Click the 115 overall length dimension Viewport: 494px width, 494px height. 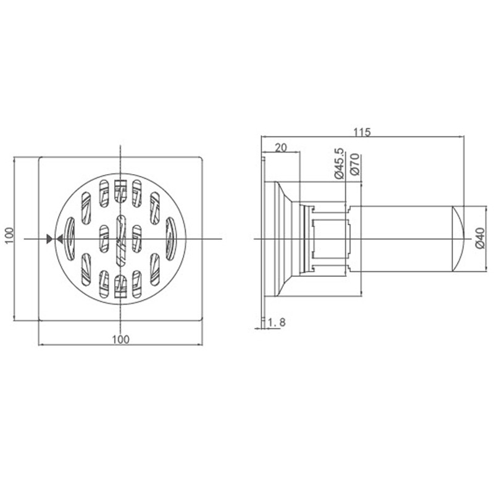(362, 132)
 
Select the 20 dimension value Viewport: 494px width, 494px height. (281, 148)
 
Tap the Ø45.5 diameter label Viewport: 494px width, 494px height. (339, 164)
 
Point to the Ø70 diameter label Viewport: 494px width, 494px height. (354, 164)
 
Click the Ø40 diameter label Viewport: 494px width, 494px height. (480, 238)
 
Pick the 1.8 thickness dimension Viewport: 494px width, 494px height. (277, 322)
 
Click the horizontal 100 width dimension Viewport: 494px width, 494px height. (120, 339)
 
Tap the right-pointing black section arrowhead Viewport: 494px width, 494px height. (49, 239)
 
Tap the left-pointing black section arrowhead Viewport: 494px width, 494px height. (59, 239)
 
